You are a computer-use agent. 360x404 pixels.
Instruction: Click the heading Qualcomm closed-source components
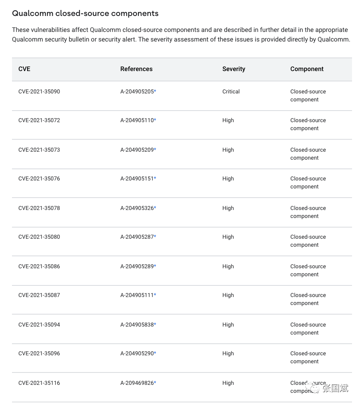coord(85,13)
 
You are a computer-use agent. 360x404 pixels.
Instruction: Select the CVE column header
coord(24,69)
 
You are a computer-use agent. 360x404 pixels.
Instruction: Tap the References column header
coord(136,69)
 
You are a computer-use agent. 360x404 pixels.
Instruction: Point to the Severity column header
coord(233,69)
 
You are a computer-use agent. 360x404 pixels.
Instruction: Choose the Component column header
coord(307,69)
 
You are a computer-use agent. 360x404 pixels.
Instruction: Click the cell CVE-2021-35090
coord(39,91)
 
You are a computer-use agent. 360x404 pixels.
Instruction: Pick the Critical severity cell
coord(231,91)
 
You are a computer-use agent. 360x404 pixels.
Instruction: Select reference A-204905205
coord(137,91)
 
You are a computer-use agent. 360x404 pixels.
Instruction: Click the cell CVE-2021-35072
coord(39,120)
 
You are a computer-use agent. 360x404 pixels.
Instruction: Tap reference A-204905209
coord(137,150)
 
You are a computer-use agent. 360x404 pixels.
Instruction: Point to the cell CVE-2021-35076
coord(39,178)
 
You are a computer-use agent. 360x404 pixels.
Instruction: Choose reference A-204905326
coord(137,208)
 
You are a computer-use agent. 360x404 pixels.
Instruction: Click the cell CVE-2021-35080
coord(39,237)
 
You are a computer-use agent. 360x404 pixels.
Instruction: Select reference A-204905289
coord(137,266)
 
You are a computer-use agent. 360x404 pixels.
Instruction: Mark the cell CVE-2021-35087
coord(39,295)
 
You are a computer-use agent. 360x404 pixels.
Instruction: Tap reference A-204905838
coord(137,325)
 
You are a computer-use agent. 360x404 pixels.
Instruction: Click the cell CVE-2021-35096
coord(39,353)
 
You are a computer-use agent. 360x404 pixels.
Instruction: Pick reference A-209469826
coord(137,383)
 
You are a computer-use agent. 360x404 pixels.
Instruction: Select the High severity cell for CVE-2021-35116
coord(228,383)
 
